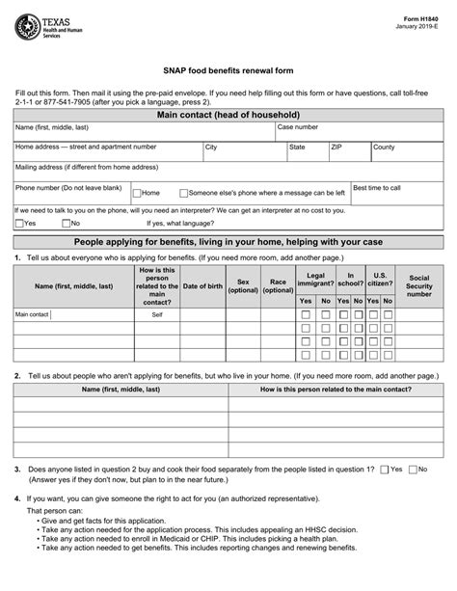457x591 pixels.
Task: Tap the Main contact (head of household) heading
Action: click(228, 114)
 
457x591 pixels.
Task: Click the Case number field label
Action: click(298, 127)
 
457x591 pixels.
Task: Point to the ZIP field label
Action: click(336, 148)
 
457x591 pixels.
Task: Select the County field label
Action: click(384, 148)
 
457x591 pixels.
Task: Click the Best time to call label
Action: click(376, 188)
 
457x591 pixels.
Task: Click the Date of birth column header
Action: click(202, 285)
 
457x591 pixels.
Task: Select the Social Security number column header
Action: click(419, 285)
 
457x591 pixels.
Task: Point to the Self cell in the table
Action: click(157, 314)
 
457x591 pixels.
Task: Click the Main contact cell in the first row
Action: click(32, 314)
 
